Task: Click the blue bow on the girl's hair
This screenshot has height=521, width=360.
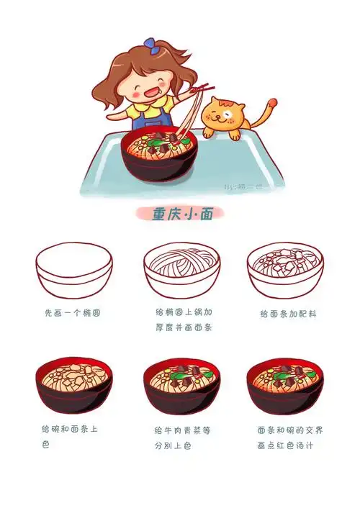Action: (150, 43)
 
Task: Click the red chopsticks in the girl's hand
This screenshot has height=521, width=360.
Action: (199, 90)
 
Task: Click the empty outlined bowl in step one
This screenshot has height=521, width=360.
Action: (74, 270)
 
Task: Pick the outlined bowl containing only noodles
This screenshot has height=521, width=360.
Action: (181, 270)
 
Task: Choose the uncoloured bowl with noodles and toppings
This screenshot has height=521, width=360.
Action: (285, 270)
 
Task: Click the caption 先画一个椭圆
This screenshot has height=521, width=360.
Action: (72, 314)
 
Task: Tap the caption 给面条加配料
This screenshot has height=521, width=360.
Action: (288, 314)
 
